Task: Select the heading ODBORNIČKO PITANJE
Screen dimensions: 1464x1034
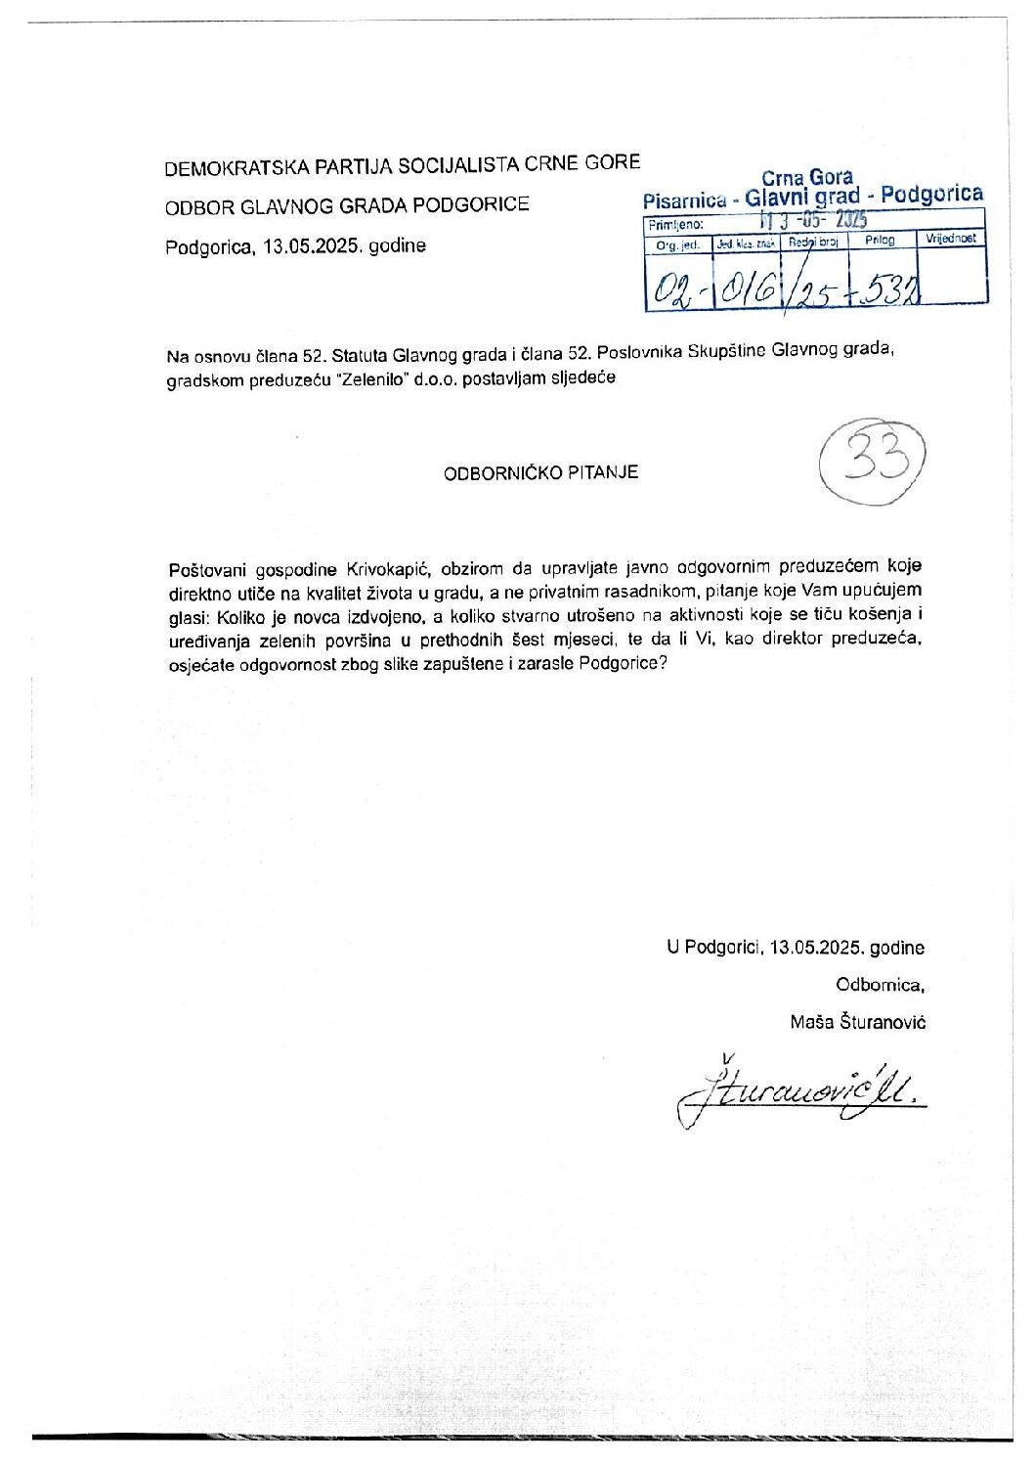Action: pyautogui.click(x=540, y=472)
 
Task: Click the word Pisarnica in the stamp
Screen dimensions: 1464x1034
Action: pyautogui.click(x=684, y=201)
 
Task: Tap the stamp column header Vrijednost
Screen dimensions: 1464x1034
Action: pyautogui.click(x=951, y=239)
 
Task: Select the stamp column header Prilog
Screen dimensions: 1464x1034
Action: pyautogui.click(x=880, y=240)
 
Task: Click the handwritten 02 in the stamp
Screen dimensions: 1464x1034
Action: pyautogui.click(x=671, y=288)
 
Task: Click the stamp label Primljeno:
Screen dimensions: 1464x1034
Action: pyautogui.click(x=676, y=225)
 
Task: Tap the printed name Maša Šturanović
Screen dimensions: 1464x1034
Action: pyautogui.click(x=858, y=1022)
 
